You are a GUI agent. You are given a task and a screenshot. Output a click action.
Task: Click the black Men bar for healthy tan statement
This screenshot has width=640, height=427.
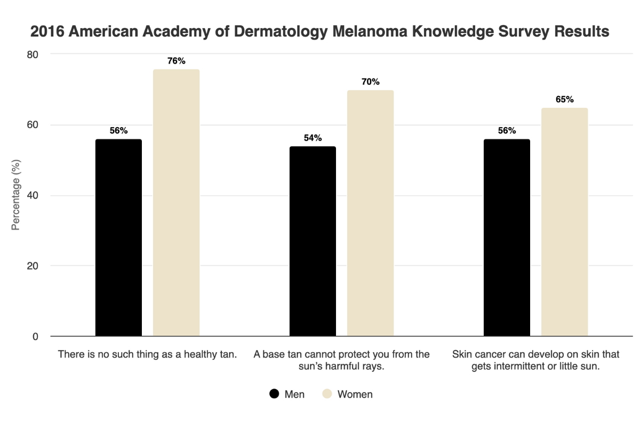point(118,238)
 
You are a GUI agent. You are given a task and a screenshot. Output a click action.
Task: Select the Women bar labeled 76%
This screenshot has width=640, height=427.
point(176,203)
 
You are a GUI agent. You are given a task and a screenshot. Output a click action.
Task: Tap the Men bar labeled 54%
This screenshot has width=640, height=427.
point(313,241)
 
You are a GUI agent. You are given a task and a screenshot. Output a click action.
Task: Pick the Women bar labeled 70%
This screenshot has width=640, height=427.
point(370,213)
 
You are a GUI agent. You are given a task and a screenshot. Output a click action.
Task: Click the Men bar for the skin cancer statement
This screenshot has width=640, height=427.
point(507,238)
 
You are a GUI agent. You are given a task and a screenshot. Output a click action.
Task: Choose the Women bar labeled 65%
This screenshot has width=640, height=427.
point(564,222)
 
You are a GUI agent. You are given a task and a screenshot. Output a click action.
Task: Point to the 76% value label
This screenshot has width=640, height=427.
point(176,61)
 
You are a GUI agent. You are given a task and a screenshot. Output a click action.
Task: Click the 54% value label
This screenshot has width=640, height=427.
point(313,138)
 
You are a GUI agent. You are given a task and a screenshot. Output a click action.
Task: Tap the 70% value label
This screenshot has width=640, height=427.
point(370,82)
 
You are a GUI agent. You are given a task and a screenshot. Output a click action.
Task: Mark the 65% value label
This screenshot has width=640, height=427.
point(564,99)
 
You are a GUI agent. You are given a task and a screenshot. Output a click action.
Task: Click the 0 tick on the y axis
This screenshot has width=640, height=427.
point(35,336)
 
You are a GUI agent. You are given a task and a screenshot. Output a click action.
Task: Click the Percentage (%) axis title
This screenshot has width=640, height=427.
point(15,195)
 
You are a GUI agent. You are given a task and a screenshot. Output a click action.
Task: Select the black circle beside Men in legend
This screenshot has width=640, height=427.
point(274,394)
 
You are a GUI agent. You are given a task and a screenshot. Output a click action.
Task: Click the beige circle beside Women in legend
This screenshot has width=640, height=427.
point(327,394)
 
